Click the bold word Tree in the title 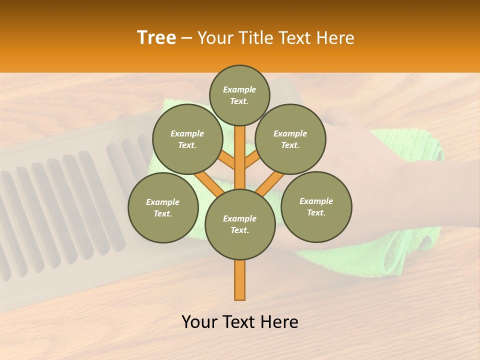156,38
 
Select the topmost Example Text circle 239,95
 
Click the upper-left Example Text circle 187,139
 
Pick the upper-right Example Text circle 290,139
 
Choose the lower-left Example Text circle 163,207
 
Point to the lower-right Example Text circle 316,206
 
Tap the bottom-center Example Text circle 240,224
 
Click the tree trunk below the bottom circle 240,280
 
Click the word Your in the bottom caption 199,322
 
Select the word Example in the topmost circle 239,90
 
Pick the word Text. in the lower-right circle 316,212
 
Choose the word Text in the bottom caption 240,322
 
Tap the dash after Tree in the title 186,38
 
